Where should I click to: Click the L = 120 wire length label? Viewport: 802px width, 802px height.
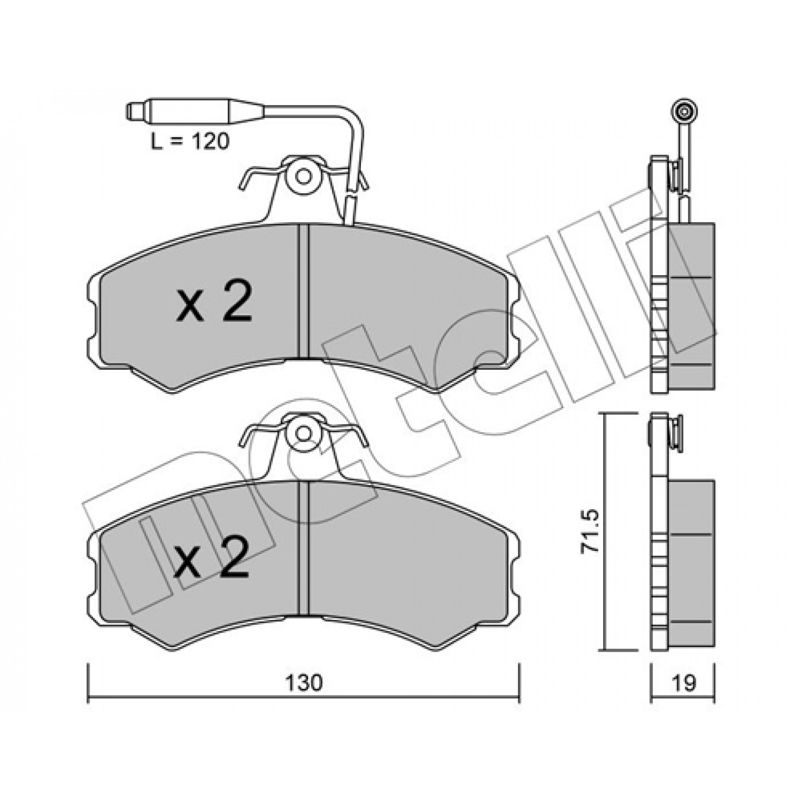point(189,143)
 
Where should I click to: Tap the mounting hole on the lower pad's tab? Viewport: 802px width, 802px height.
point(303,433)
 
